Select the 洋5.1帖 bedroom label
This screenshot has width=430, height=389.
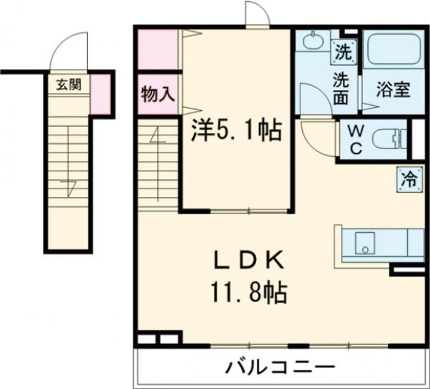pyautogui.click(x=236, y=130)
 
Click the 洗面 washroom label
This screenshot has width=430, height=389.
pyautogui.click(x=341, y=88)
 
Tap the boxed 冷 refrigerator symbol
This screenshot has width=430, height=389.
pyautogui.click(x=409, y=178)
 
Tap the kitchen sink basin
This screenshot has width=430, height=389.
pyautogui.click(x=364, y=242)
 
